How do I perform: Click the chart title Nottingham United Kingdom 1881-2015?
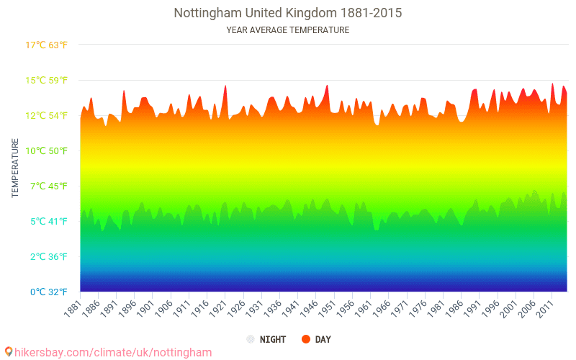coord(287,13)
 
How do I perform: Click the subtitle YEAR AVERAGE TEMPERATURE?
coord(287,30)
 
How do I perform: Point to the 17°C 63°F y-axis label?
coord(47,45)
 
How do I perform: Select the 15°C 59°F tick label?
coord(47,80)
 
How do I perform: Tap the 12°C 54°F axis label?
coord(47,115)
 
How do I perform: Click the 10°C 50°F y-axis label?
coord(47,150)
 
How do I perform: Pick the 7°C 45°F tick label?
coord(47,186)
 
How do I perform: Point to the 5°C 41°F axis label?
coord(47,221)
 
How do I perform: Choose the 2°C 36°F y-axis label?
coord(47,256)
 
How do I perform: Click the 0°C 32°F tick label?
coord(47,292)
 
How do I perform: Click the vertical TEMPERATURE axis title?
coord(15,168)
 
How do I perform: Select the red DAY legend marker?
coord(306,339)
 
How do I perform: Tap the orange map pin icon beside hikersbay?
coord(9,352)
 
